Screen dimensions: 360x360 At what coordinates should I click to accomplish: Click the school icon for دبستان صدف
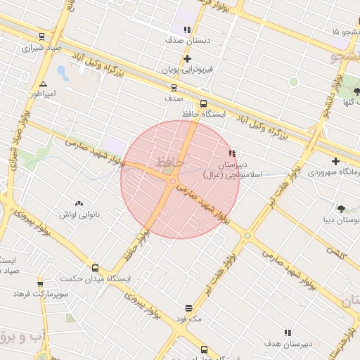187,30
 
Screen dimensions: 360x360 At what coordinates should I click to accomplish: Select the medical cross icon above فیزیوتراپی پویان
187,59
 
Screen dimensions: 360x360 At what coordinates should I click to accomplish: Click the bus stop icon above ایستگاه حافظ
204,103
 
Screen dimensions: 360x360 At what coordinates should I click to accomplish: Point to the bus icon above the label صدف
174,88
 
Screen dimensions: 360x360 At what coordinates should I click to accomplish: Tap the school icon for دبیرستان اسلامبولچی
232,153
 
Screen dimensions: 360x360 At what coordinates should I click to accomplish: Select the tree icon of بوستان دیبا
341,209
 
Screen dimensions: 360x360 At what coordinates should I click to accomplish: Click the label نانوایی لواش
76,214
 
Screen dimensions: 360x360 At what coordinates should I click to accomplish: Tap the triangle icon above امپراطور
43,83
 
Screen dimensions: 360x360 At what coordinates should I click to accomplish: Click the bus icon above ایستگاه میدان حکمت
95,268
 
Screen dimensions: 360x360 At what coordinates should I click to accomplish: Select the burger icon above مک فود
189,308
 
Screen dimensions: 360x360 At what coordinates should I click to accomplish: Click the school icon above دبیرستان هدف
287,333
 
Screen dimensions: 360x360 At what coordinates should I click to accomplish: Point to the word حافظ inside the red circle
170,162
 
